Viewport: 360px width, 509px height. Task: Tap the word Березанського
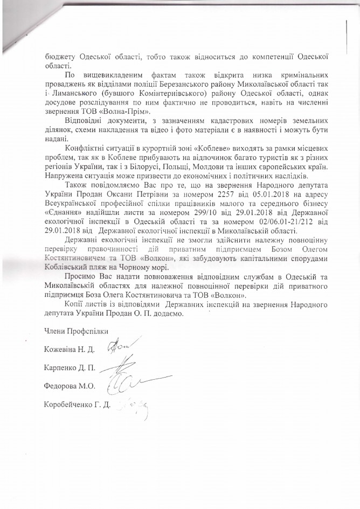[x=197, y=80]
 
